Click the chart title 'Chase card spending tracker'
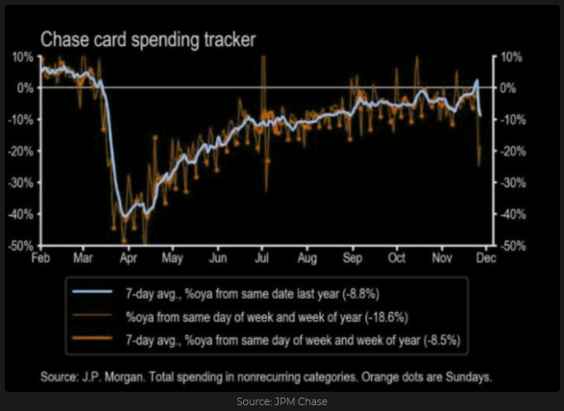[148, 39]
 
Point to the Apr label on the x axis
[129, 258]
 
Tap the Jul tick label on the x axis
[262, 257]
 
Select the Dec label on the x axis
[486, 257]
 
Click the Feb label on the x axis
[40, 257]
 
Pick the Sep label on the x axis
[353, 258]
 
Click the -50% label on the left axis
[21, 247]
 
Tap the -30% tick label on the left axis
[21, 183]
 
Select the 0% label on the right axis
[508, 88]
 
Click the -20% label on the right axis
[513, 152]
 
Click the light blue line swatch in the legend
[92, 292]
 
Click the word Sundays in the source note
[469, 377]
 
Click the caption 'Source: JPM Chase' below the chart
[282, 401]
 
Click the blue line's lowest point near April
[125, 217]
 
